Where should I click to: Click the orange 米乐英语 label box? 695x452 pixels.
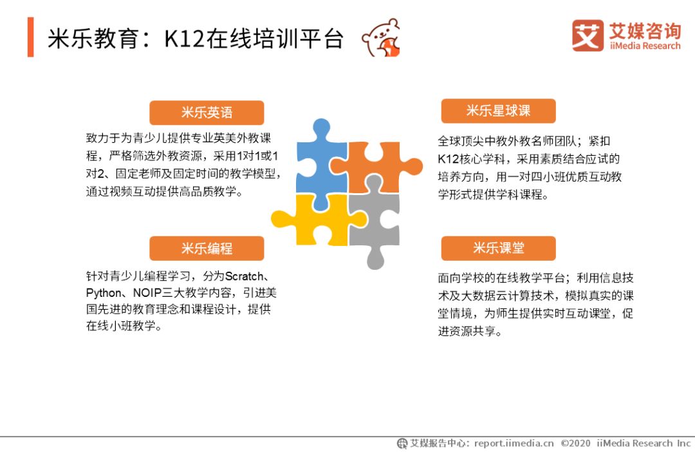tap(207, 113)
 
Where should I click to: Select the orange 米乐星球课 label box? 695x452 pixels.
tap(498, 111)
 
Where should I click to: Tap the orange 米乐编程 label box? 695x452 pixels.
tap(207, 249)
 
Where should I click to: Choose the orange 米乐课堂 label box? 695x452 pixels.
tap(498, 249)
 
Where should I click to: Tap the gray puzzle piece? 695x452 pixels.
tap(375, 221)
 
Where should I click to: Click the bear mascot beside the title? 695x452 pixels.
tap(381, 38)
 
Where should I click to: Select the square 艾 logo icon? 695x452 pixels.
tap(588, 35)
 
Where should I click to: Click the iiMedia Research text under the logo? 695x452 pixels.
tap(645, 46)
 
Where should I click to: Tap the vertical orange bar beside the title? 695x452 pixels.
tap(31, 37)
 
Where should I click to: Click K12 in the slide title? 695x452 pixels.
tap(185, 39)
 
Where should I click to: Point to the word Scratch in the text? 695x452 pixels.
tap(245, 276)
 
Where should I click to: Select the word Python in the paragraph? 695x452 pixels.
tap(103, 293)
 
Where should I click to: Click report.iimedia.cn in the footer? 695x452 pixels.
tap(514, 443)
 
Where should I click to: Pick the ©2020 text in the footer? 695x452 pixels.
tap(576, 443)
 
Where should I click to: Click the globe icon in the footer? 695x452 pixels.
tap(402, 443)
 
